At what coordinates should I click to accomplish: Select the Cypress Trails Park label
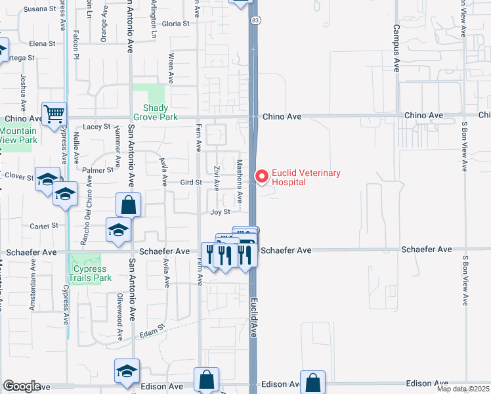pyautogui.click(x=93, y=273)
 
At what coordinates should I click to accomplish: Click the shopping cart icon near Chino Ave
pyautogui.click(x=54, y=114)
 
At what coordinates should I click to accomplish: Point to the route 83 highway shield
pyautogui.click(x=254, y=22)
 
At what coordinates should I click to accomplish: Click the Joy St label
pyautogui.click(x=220, y=212)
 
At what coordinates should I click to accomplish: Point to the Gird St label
pyautogui.click(x=190, y=182)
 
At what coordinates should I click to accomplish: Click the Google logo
pyautogui.click(x=22, y=386)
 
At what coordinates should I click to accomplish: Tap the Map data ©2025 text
pyautogui.click(x=463, y=389)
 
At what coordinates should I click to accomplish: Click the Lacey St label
pyautogui.click(x=96, y=127)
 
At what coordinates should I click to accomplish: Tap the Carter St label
pyautogui.click(x=45, y=225)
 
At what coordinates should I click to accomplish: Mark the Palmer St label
pyautogui.click(x=98, y=170)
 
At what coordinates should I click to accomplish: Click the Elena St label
pyautogui.click(x=42, y=43)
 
